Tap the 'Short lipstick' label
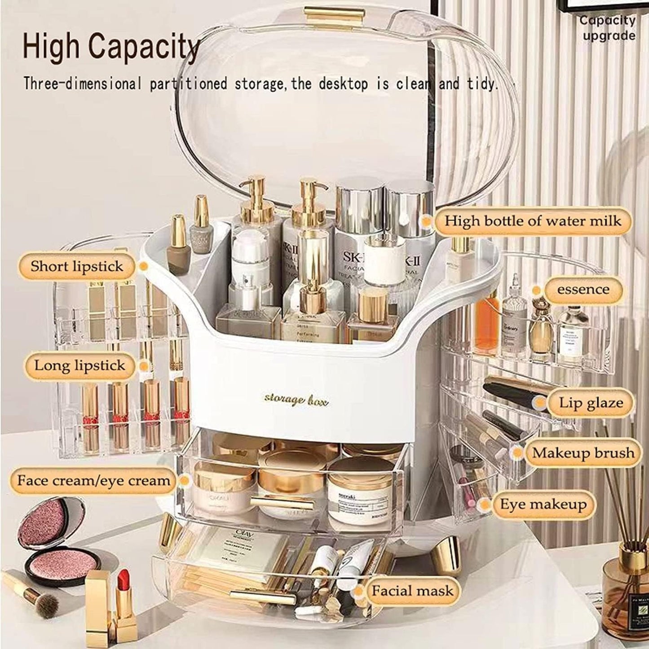click(x=76, y=266)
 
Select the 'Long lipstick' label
click(x=79, y=365)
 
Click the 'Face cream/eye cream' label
click(x=93, y=480)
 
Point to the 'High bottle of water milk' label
click(x=533, y=221)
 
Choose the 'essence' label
click(x=583, y=290)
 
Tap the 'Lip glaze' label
click(x=591, y=402)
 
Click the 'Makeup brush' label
click(x=583, y=453)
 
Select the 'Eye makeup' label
click(x=543, y=504)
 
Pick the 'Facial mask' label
click(x=412, y=590)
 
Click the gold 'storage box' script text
click(x=296, y=399)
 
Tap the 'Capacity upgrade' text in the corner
click(x=607, y=28)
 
